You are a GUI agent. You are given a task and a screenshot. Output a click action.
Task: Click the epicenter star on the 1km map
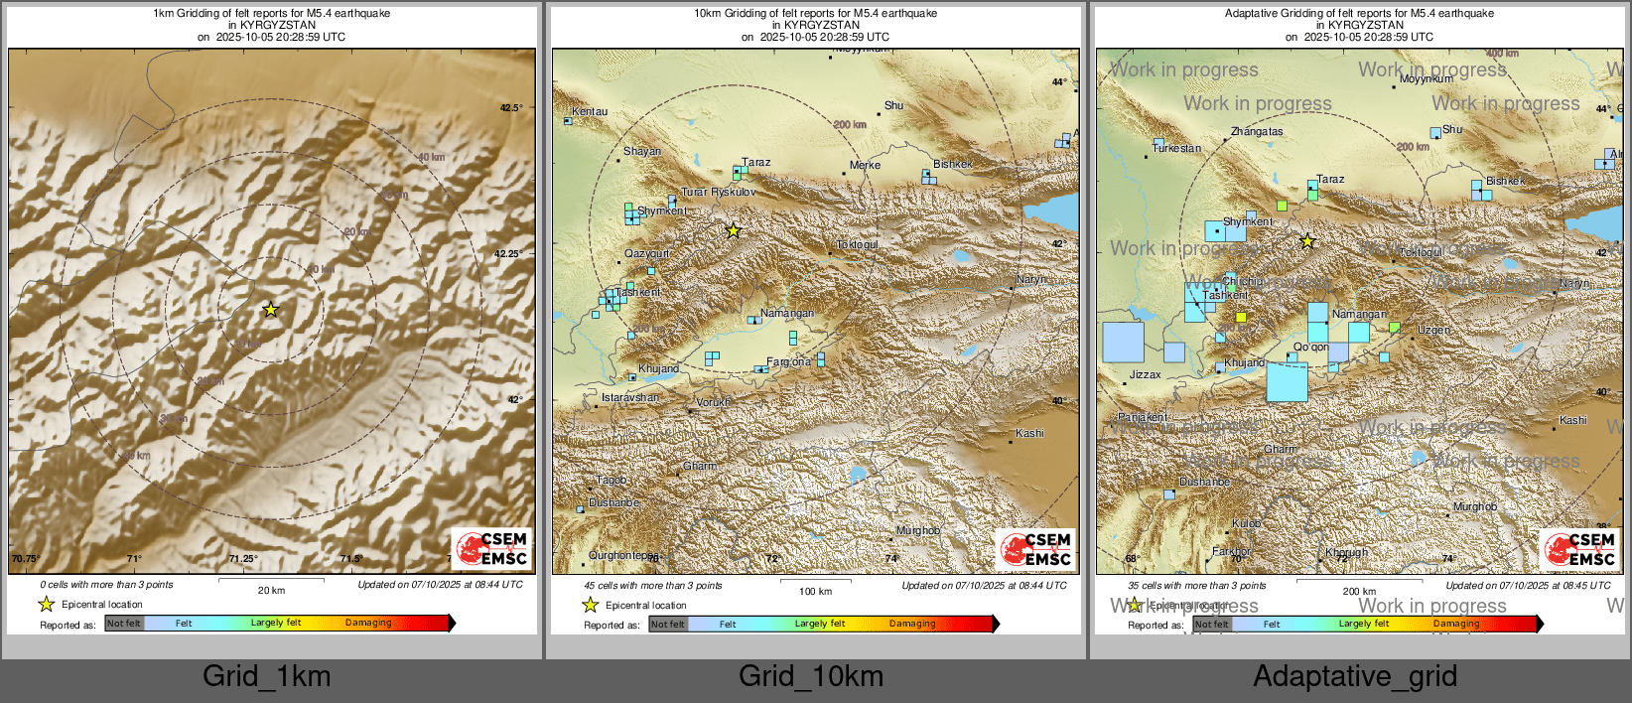pos(270,310)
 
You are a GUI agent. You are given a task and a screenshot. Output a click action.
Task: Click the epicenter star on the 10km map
pos(733,231)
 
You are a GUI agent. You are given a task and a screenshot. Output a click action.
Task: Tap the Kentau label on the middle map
pos(590,111)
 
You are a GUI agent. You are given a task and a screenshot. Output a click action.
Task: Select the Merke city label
pos(865,165)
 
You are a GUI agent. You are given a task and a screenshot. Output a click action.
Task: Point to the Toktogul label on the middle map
pos(857,244)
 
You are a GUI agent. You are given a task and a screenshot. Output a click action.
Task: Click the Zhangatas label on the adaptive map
pos(1257,131)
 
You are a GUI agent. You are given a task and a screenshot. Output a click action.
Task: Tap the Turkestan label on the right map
pos(1176,148)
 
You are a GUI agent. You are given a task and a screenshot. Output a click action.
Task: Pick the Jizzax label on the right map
pos(1145,374)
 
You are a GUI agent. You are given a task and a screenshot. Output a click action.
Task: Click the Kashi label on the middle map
pos(1029,433)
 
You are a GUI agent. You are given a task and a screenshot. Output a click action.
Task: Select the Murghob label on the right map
pos(1474,506)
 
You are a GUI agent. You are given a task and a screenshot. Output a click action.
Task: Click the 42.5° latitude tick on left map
pos(510,107)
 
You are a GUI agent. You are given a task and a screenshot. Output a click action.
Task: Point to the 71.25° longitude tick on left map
pos(243,558)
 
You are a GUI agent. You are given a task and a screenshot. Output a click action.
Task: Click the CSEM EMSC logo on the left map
pos(492,548)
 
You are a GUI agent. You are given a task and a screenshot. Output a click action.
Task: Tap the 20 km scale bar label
pos(271,590)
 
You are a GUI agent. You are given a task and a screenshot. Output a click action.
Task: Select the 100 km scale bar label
pos(815,591)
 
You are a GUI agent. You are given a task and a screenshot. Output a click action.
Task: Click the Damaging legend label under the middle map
pos(911,624)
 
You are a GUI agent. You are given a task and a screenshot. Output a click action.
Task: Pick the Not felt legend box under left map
pos(124,624)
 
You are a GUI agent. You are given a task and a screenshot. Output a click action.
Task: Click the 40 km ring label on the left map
pos(431,157)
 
